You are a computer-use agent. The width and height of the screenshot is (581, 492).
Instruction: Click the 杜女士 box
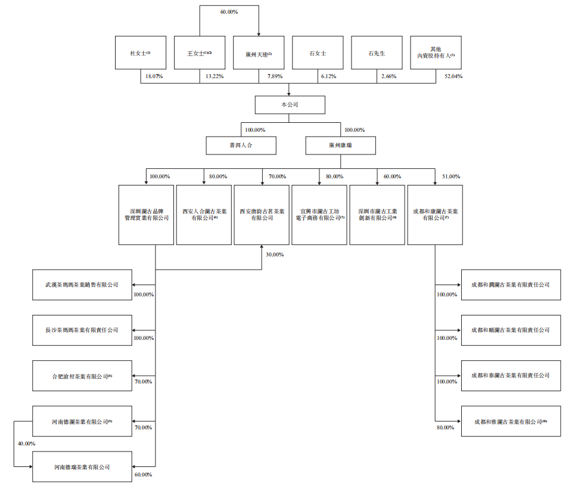pos(141,53)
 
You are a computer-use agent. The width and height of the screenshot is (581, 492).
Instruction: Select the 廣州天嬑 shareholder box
pos(259,53)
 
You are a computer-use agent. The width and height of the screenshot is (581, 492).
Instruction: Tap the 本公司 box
pos(290,104)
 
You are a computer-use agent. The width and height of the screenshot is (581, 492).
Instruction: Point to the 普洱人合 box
pos(241,146)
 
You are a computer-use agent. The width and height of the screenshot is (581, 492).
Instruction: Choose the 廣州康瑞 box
pos(341,146)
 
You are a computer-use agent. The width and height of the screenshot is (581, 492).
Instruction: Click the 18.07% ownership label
pos(154,76)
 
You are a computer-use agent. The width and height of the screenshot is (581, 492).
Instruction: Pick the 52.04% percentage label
pos(453,76)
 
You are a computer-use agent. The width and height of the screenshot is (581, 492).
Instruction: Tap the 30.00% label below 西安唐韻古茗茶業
pos(274,255)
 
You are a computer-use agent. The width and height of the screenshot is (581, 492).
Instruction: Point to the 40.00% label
pos(26,444)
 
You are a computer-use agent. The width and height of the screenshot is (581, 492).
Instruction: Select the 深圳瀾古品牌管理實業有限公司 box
pos(146,215)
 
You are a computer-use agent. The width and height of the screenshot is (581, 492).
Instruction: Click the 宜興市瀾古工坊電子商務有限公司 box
pos(319,215)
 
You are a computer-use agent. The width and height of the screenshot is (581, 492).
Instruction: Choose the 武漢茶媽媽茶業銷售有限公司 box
pos(82,284)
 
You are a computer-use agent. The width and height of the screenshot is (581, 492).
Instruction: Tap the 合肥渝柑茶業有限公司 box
pos(82,376)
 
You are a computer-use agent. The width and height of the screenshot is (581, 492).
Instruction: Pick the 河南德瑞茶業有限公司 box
pos(82,467)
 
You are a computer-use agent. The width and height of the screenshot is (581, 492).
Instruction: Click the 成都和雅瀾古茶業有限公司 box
pos(511,422)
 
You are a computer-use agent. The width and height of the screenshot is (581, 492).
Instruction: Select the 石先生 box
pos(377,53)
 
